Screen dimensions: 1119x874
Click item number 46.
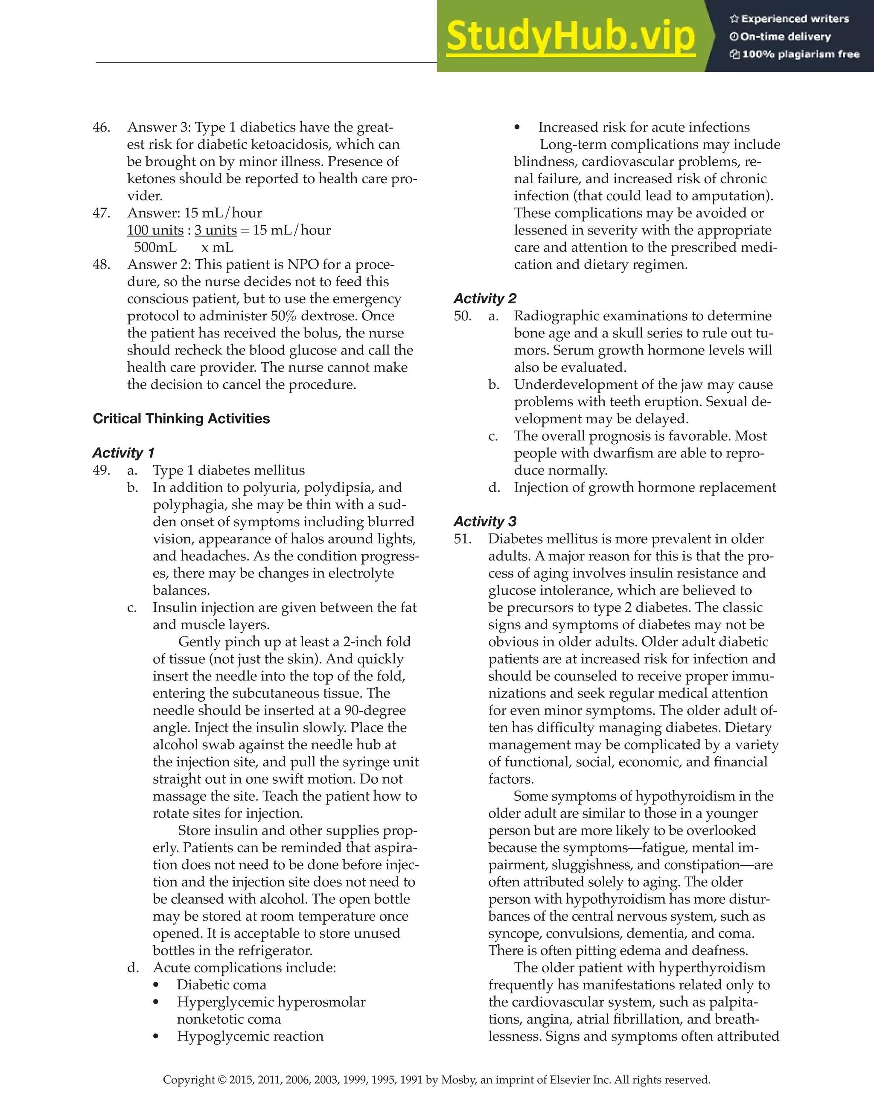point(102,127)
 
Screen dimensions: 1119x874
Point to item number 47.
point(102,213)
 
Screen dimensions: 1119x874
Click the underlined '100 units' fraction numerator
point(155,230)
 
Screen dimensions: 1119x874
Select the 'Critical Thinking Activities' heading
point(181,419)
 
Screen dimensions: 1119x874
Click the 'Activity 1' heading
point(123,453)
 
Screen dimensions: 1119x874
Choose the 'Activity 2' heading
point(485,299)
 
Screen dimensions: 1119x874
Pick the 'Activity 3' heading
point(485,521)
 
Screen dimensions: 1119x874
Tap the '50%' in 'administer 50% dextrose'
point(285,316)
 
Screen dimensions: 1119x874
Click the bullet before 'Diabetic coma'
point(156,985)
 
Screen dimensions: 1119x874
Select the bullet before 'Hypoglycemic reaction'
point(156,1037)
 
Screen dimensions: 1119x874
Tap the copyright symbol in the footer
point(221,1080)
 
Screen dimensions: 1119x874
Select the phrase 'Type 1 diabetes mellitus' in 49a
point(228,470)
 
